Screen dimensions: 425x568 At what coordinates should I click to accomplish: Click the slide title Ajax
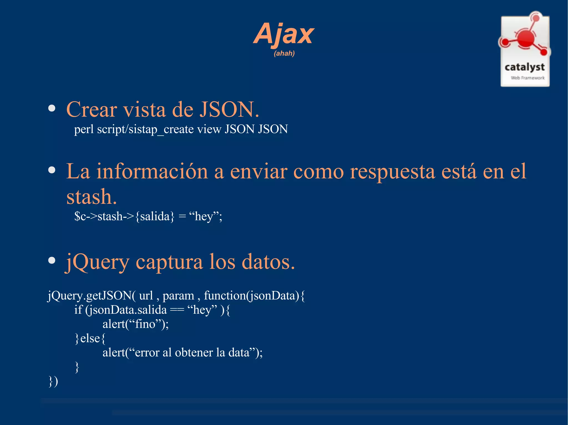(x=284, y=34)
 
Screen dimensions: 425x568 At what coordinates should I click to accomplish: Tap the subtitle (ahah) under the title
(x=284, y=53)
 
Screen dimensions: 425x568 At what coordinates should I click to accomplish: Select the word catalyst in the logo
(x=524, y=67)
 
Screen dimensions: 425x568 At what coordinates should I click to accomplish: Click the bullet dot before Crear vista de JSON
(x=52, y=108)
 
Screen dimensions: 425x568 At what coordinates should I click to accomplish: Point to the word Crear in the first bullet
(x=92, y=110)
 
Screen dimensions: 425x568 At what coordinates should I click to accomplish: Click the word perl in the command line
(x=84, y=130)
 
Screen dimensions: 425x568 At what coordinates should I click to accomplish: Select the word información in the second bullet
(x=152, y=171)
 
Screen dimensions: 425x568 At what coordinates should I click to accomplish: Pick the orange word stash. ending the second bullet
(x=92, y=197)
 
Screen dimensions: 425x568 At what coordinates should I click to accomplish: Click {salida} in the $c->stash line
(x=155, y=216)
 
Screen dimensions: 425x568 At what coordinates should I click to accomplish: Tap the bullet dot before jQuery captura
(x=52, y=261)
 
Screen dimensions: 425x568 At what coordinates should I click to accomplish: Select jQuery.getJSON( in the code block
(x=92, y=296)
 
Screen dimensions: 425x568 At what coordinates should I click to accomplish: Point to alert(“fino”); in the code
(x=136, y=324)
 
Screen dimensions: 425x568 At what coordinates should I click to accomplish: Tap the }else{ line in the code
(x=90, y=338)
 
